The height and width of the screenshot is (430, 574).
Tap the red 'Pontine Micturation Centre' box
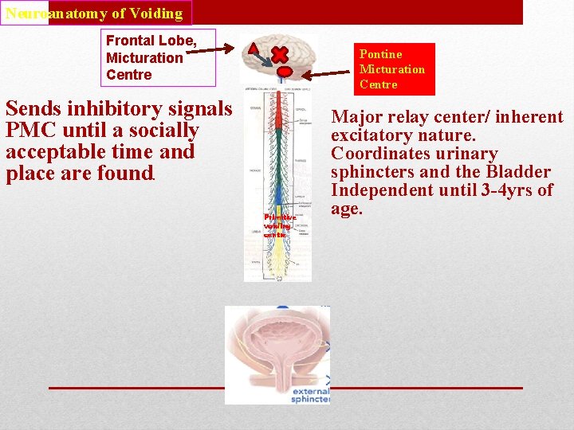(x=395, y=69)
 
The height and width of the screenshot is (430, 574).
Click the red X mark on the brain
(x=280, y=54)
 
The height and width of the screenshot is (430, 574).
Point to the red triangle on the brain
(x=253, y=48)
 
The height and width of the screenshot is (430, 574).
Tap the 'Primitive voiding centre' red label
(x=279, y=225)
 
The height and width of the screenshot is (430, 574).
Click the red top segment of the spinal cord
(x=279, y=112)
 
